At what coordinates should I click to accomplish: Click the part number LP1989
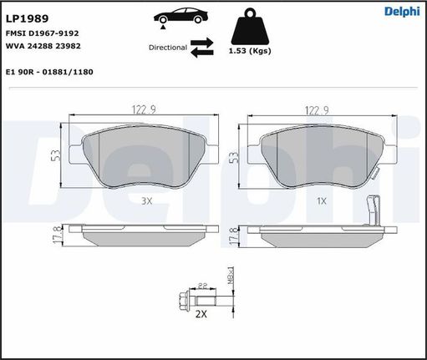(28, 18)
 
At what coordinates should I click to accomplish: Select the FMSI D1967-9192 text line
(43, 33)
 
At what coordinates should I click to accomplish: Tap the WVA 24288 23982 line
(43, 46)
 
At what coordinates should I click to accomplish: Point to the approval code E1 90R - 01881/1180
(49, 72)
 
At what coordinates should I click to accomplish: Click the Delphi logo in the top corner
(402, 12)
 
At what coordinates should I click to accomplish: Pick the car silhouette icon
(180, 18)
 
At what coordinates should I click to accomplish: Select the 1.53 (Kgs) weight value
(250, 51)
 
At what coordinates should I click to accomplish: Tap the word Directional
(168, 48)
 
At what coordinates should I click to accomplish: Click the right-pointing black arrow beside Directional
(202, 43)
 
